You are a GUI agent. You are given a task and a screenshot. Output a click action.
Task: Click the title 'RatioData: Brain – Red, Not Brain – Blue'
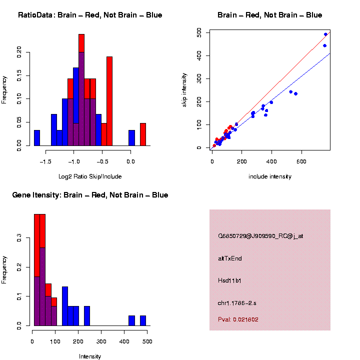click(90, 15)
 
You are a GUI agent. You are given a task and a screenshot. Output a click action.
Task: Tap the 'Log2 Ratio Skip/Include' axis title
click(90, 176)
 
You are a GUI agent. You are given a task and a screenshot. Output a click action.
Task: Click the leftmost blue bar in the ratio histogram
click(37, 138)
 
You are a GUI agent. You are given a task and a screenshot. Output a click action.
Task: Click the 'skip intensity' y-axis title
click(184, 89)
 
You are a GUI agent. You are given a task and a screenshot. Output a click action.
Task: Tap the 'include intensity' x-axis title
click(270, 176)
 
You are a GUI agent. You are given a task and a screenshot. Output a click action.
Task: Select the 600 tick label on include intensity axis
click(302, 162)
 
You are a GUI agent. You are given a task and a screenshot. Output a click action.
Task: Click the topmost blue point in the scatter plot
click(325, 34)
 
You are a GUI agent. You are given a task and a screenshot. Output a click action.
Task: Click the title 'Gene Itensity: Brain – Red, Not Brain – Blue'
click(90, 195)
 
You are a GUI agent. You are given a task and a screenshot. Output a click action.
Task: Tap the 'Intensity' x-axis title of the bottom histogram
click(90, 356)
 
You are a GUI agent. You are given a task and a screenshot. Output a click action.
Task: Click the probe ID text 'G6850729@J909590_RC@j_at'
click(260, 236)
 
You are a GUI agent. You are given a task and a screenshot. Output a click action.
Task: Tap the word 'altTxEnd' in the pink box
click(230, 258)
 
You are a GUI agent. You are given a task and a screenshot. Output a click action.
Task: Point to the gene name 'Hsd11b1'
click(229, 280)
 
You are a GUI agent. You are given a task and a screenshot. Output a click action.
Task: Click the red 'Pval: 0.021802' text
click(238, 319)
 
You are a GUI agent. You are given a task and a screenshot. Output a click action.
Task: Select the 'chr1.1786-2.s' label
click(237, 303)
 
